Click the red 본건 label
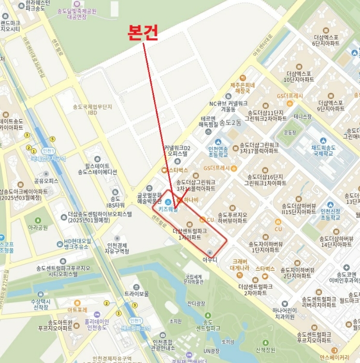coord(142,33)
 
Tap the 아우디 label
coord(210,259)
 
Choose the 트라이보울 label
coord(137,294)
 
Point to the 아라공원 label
coord(38,227)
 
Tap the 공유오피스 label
coord(46,181)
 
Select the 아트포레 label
coord(77,310)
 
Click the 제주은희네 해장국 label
coord(242,88)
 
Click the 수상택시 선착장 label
coord(39,304)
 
